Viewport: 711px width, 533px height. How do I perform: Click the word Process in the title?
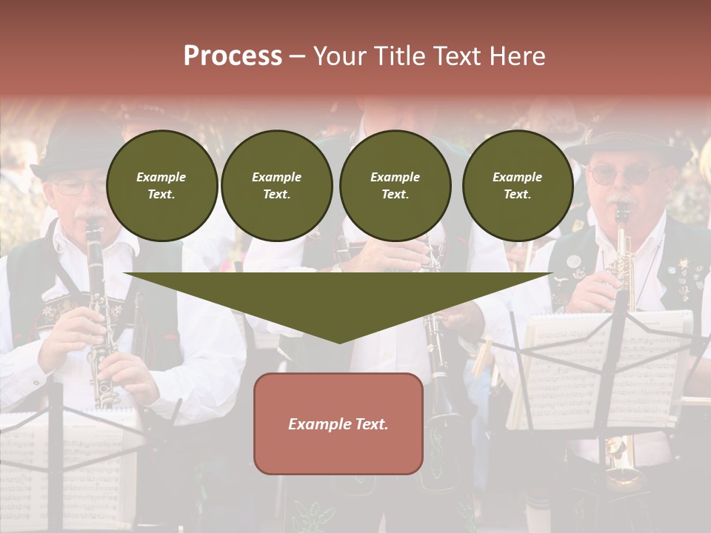(233, 56)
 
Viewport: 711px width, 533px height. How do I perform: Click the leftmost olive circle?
(161, 185)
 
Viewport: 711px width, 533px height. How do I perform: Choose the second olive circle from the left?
(276, 185)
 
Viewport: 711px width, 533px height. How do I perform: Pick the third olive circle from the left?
(395, 185)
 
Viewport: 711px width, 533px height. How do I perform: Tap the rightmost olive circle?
(517, 185)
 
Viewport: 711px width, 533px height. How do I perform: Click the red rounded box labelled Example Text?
(338, 423)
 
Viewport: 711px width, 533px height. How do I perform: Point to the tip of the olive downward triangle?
(339, 341)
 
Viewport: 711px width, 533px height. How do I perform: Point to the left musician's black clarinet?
(99, 311)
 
